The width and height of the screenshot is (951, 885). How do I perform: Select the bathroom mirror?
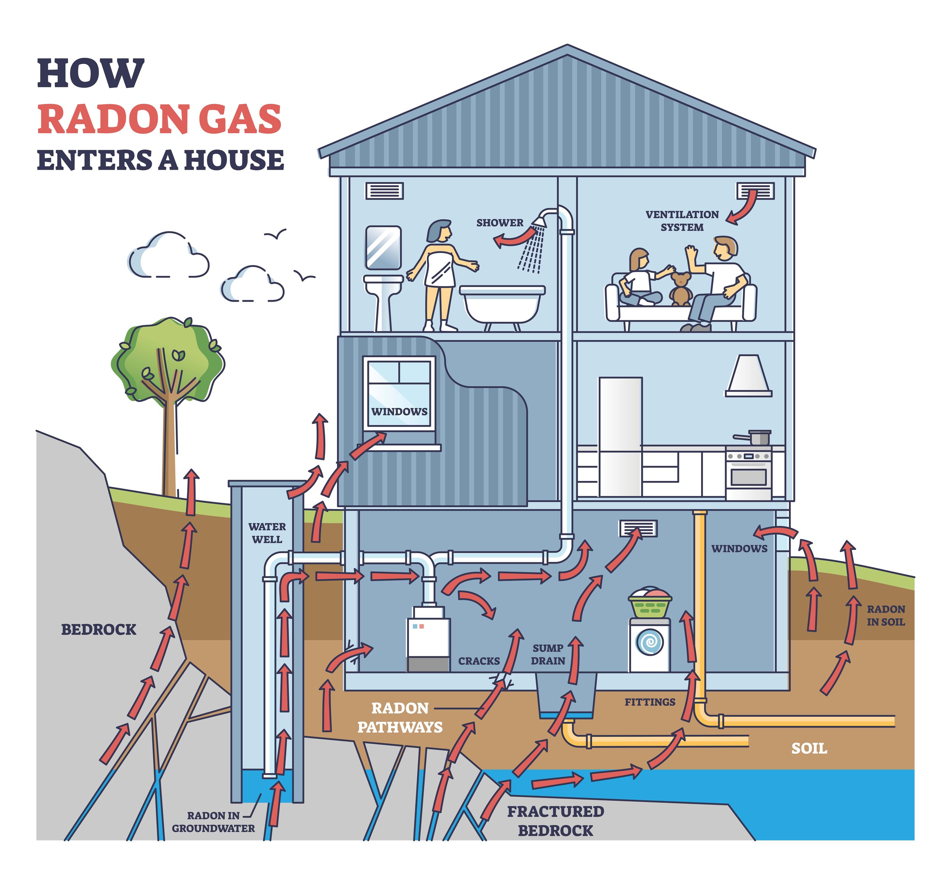tap(383, 247)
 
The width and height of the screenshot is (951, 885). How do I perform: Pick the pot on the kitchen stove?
tap(758, 437)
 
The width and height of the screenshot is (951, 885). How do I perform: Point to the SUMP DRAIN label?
tap(548, 654)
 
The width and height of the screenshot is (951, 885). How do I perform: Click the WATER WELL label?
tap(267, 532)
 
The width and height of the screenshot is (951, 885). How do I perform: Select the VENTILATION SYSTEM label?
tap(682, 221)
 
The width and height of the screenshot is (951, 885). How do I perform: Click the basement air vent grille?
tap(638, 528)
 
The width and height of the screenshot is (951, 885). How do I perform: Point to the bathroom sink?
tap(383, 284)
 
